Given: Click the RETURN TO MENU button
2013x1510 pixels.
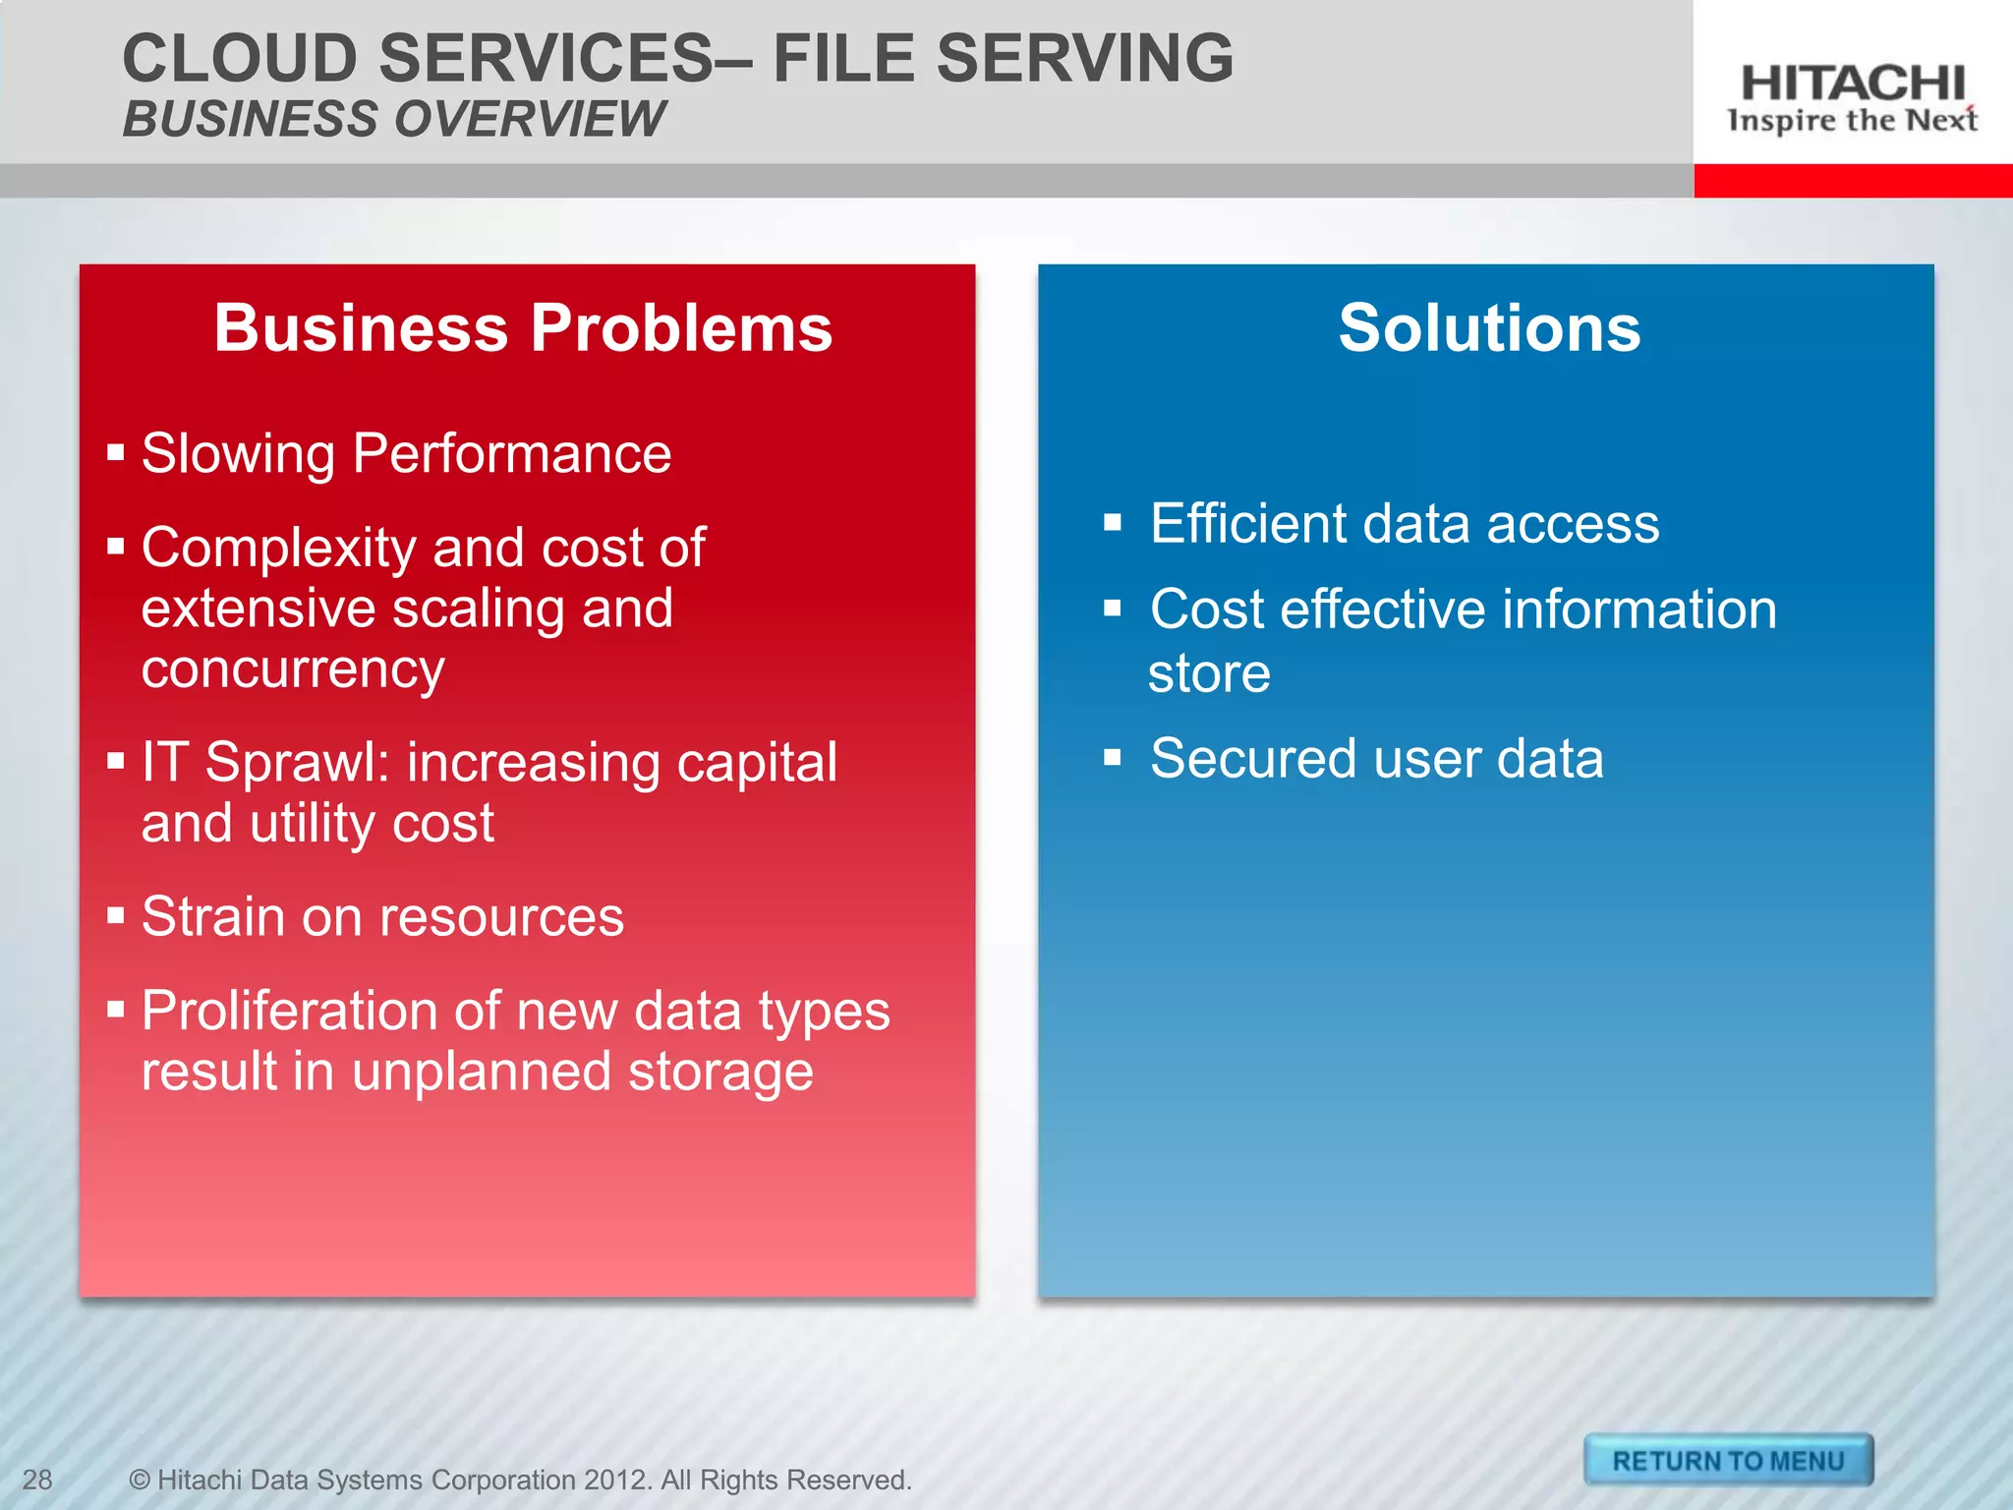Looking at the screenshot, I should click(x=1728, y=1461).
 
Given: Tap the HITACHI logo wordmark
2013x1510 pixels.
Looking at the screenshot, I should click(x=1852, y=84).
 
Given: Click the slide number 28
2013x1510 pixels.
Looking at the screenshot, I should click(x=37, y=1480).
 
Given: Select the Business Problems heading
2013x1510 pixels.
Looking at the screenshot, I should click(x=523, y=327).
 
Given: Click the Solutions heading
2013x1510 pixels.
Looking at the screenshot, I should click(x=1488, y=327).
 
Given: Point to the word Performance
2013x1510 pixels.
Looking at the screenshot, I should click(x=511, y=454).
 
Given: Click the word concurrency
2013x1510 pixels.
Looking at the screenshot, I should click(x=293, y=670).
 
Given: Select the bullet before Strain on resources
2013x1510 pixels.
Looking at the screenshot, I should click(x=116, y=916).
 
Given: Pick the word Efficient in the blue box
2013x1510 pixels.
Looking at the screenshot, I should click(x=1247, y=523).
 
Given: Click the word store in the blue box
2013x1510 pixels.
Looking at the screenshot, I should click(x=1209, y=674).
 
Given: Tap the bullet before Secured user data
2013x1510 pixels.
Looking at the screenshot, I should click(x=1112, y=758).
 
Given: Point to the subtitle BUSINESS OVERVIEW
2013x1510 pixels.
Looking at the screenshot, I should click(x=393, y=119).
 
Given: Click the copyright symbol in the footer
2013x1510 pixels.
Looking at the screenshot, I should click(x=140, y=1480).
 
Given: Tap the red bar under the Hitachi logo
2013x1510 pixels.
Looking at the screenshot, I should click(x=1852, y=181).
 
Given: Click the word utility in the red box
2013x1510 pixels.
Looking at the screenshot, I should click(x=311, y=824).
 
